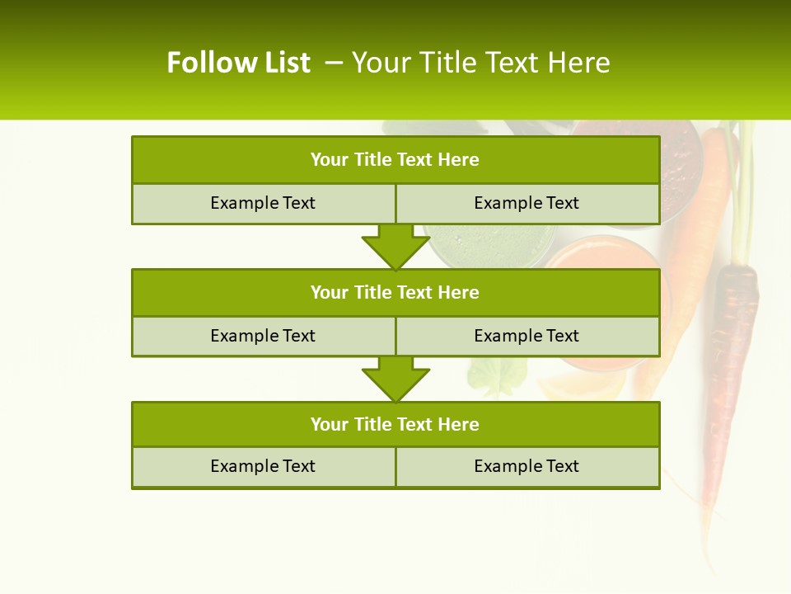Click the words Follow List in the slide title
238,63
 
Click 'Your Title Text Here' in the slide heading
481,63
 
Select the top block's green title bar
395,160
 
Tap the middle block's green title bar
395,292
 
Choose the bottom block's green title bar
395,424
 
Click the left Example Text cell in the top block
263,203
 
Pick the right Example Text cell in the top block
527,203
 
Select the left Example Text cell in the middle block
263,336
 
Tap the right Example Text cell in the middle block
527,336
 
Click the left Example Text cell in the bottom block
263,466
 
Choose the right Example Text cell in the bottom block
527,466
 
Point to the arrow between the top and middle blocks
395,246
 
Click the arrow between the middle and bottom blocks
395,378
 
